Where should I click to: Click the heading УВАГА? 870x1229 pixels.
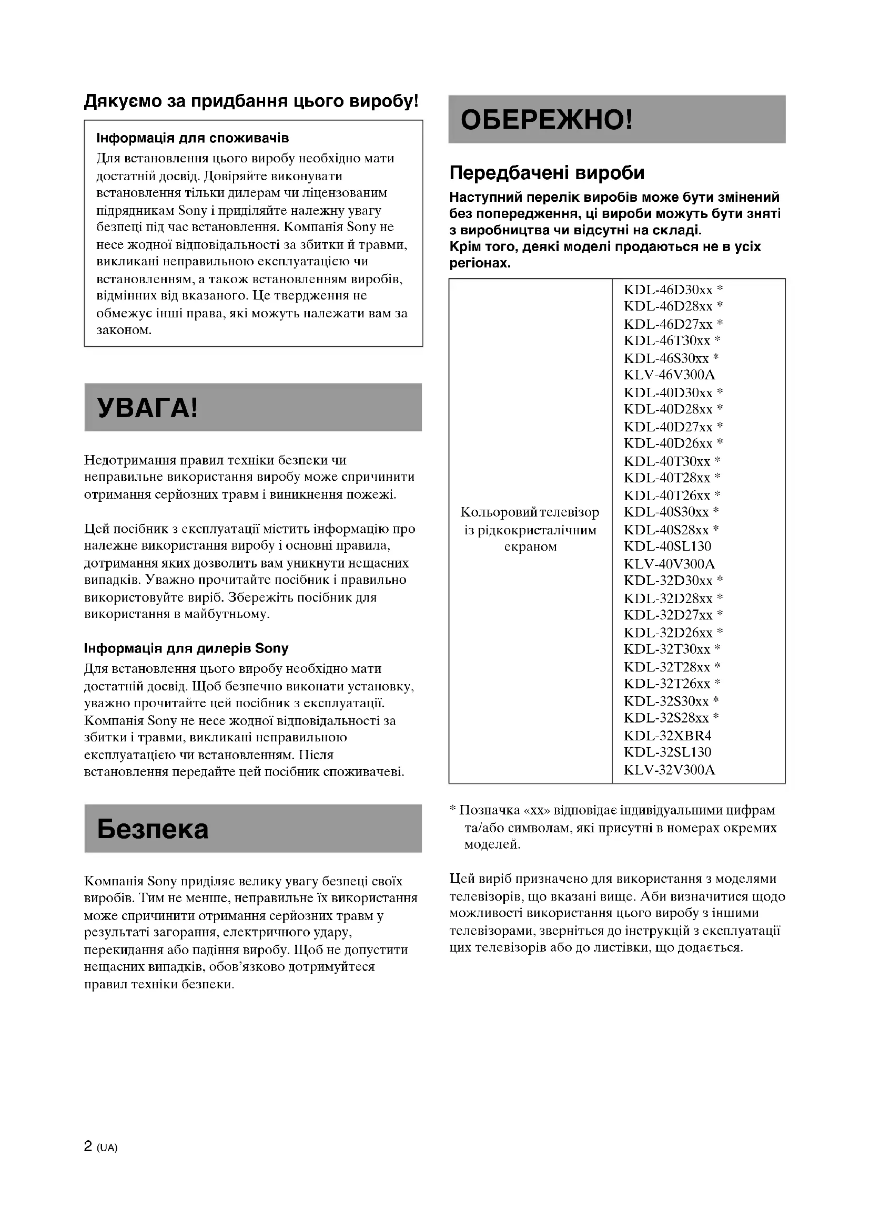[x=147, y=408]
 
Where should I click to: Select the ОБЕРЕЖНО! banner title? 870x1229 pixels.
[x=547, y=120]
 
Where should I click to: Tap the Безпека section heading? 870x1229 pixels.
[x=153, y=829]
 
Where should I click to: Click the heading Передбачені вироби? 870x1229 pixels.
[x=547, y=173]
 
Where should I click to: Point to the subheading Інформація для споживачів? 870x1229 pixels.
[x=193, y=138]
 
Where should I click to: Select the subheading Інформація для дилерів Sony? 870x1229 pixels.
[x=186, y=648]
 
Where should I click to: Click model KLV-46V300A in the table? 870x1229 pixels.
[x=669, y=375]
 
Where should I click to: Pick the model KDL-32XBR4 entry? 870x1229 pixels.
[x=667, y=736]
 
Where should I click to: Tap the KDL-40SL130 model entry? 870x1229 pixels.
[x=667, y=546]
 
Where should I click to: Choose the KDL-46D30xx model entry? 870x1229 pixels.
[x=673, y=290]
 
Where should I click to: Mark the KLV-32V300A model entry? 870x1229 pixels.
[x=669, y=770]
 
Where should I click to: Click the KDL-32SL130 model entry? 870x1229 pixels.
[x=667, y=752]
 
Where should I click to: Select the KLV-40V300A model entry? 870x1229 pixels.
[x=669, y=564]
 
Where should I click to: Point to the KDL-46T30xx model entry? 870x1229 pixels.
[x=672, y=341]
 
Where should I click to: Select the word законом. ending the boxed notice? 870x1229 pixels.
[x=124, y=331]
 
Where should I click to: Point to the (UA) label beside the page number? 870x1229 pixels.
[x=107, y=1148]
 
